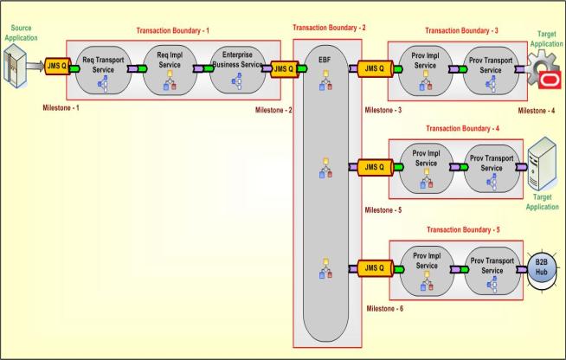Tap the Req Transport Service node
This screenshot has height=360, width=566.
(x=105, y=69)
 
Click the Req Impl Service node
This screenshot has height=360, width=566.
(x=170, y=69)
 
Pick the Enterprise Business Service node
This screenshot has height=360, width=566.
(x=236, y=69)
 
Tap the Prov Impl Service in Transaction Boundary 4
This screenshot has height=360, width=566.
(x=426, y=167)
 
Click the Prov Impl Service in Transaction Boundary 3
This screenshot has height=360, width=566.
(x=426, y=67)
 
